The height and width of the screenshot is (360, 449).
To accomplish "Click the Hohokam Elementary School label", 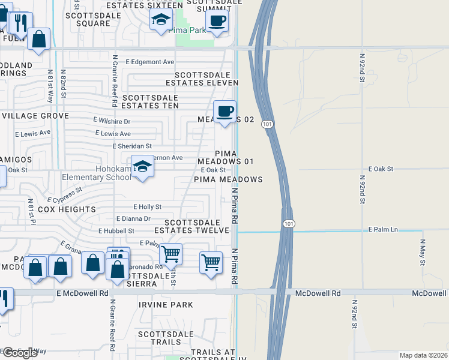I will click(97, 173).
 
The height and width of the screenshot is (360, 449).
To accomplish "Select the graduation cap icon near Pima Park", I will click(161, 21).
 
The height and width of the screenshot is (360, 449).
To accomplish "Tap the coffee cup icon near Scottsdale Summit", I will click(217, 20).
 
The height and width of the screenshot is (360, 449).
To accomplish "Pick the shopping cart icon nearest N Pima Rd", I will click(211, 262).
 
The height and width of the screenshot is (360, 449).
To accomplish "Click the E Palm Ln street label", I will click(384, 230).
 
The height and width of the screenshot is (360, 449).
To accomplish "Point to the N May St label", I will click(423, 252).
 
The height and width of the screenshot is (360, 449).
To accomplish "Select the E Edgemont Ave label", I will click(150, 62).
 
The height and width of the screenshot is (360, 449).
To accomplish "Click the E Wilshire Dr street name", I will click(116, 121).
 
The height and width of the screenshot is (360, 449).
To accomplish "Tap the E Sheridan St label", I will click(132, 146).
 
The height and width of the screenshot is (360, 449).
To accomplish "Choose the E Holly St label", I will click(147, 206).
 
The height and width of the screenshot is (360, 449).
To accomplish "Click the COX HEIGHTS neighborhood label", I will click(67, 209).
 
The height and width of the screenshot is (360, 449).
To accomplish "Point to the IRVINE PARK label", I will click(166, 305).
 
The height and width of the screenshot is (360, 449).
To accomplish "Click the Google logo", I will click(19, 353).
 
